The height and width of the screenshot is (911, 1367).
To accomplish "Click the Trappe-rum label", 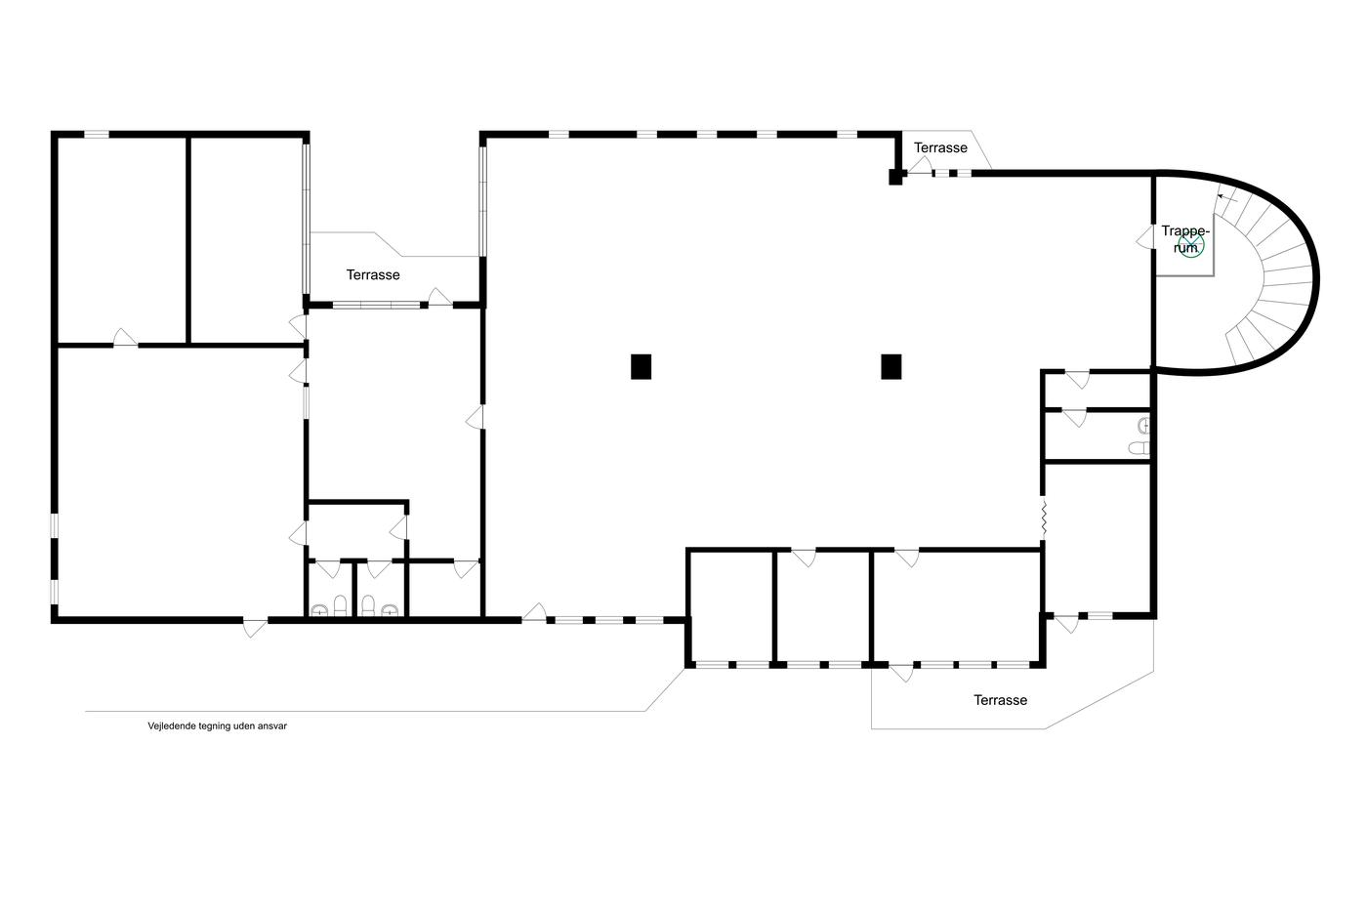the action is click(1184, 239).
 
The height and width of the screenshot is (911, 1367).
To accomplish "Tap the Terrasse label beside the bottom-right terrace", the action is click(1000, 700).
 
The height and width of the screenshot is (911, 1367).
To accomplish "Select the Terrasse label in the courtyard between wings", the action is click(373, 274).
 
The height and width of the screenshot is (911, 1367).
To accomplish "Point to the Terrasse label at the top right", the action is click(940, 147).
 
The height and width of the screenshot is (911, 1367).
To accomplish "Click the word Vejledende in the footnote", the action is click(171, 726).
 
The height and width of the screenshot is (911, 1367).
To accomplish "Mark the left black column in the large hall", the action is click(641, 367).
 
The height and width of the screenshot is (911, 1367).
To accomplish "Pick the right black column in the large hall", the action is click(891, 367).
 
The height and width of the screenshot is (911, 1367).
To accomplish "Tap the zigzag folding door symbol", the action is click(1044, 518).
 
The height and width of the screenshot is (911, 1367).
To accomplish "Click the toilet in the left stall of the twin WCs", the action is click(341, 605).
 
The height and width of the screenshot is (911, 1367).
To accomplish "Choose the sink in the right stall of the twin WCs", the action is click(390, 609).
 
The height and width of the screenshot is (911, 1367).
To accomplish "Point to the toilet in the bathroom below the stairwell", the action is click(1139, 448).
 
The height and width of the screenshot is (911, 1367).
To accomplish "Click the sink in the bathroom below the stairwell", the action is click(1143, 426).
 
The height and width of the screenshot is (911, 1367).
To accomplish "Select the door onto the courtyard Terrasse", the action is click(439, 297).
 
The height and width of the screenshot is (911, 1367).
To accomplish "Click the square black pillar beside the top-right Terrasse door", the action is click(895, 177).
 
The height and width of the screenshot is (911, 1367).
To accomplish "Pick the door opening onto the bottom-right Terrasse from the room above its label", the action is click(902, 673).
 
